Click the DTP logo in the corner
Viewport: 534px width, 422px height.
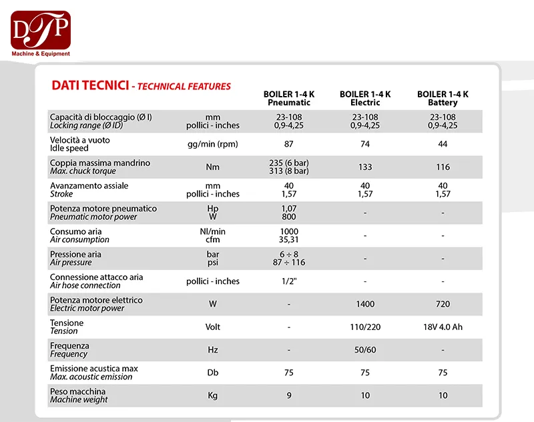pyautogui.click(x=40, y=33)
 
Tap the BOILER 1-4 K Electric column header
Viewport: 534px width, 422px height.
pyautogui.click(x=365, y=99)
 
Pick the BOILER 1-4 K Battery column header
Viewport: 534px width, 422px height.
pyautogui.click(x=443, y=99)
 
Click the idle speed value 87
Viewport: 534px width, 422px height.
pyautogui.click(x=289, y=144)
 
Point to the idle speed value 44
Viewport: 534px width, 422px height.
pyautogui.click(x=443, y=144)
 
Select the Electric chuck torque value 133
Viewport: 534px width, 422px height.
pyautogui.click(x=365, y=167)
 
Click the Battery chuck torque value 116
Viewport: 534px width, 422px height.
pyautogui.click(x=443, y=167)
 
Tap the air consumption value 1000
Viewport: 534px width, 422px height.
pyautogui.click(x=289, y=231)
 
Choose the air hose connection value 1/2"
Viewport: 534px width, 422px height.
pyautogui.click(x=289, y=281)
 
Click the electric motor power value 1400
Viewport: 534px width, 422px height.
pyautogui.click(x=365, y=304)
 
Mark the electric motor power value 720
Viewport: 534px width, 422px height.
pyautogui.click(x=443, y=304)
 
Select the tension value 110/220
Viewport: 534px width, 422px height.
pyautogui.click(x=365, y=327)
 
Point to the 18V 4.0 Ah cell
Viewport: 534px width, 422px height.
pyautogui.click(x=443, y=327)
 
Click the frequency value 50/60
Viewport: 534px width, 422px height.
pyautogui.click(x=365, y=350)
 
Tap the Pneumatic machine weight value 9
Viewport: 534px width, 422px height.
pyautogui.click(x=289, y=396)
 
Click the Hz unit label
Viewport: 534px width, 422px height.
pyautogui.click(x=212, y=350)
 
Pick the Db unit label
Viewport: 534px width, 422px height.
pyautogui.click(x=212, y=373)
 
